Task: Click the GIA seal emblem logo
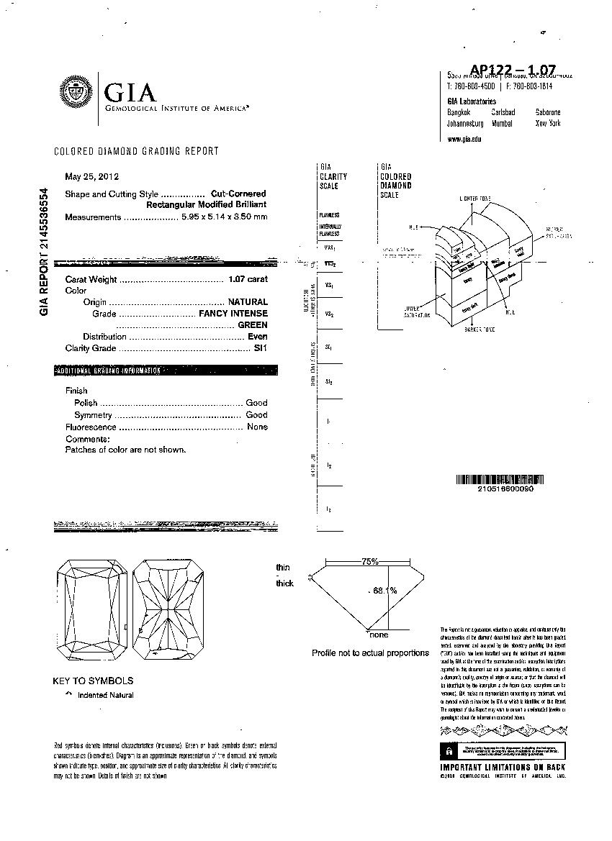tap(74, 94)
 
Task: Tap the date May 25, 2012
tap(91, 176)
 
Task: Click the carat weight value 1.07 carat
tap(248, 279)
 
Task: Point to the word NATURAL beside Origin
tap(248, 302)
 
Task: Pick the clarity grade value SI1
tap(261, 348)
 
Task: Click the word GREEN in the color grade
tap(252, 325)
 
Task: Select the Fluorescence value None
tap(257, 427)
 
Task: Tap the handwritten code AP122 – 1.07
tap(513, 69)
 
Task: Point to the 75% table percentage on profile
tap(370, 561)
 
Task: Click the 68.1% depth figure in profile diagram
tap(385, 591)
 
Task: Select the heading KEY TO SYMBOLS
tap(93, 681)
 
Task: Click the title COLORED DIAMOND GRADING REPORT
tap(137, 151)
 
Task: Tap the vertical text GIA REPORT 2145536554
tap(45, 251)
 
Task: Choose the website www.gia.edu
tap(464, 139)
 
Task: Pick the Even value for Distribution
tap(257, 337)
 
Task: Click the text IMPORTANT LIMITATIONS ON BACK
tap(503, 768)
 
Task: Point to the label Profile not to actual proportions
tap(370, 653)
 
